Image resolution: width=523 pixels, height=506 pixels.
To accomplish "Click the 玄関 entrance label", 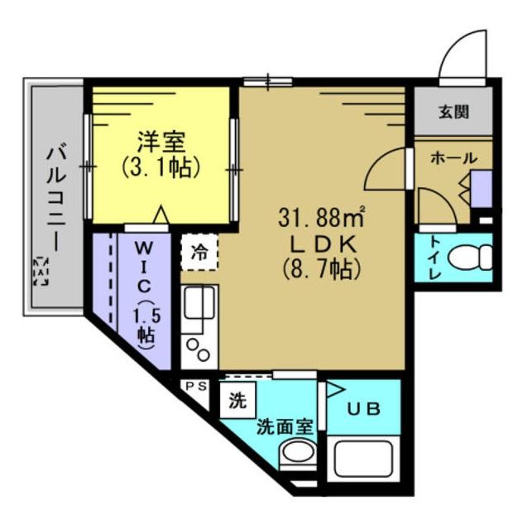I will [454, 111].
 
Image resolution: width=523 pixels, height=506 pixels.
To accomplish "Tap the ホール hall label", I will [453, 158].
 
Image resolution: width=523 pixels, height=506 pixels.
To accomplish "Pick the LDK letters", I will [323, 244].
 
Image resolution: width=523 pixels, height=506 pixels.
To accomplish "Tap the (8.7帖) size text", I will [323, 268].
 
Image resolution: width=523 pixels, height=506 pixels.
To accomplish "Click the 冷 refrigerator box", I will [199, 253].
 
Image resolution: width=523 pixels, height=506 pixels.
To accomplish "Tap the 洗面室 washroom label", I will [284, 428].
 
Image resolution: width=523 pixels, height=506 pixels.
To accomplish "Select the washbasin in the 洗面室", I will [297, 455].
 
